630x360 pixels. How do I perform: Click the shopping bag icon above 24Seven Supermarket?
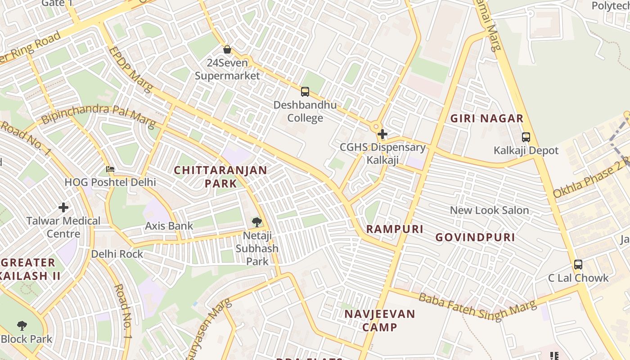click(227, 49)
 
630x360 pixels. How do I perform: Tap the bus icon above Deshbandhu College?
click(305, 92)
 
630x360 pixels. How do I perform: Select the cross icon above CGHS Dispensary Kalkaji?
click(382, 134)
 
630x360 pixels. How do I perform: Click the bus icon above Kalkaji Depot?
click(526, 137)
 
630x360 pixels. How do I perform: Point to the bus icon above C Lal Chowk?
click(578, 265)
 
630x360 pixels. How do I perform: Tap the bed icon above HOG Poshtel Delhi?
click(110, 169)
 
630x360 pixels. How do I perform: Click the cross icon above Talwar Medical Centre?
click(63, 207)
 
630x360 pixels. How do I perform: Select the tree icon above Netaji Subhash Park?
click(257, 221)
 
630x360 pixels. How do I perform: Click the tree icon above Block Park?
click(22, 325)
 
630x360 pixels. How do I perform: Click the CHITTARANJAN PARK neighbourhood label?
click(220, 177)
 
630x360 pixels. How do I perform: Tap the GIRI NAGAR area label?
click(487, 119)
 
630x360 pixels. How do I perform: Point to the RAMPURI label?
click(395, 229)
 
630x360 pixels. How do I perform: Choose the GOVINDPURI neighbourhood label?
click(475, 238)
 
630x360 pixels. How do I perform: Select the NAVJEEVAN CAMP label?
click(380, 320)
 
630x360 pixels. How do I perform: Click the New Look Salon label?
click(489, 210)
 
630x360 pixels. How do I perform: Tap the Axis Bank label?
click(169, 226)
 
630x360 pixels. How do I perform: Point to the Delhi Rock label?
click(117, 254)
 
